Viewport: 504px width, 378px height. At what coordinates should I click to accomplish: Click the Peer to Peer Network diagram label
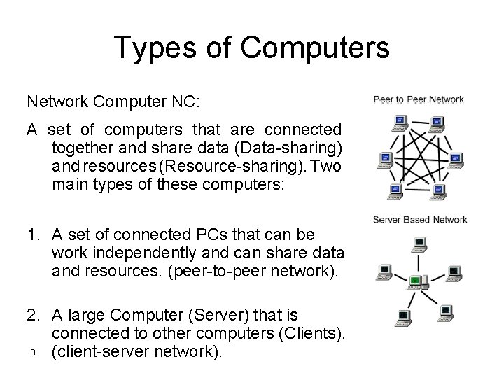419,99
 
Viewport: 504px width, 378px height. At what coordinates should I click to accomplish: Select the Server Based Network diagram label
420,220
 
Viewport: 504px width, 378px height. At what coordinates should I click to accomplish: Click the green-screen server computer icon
415,282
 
